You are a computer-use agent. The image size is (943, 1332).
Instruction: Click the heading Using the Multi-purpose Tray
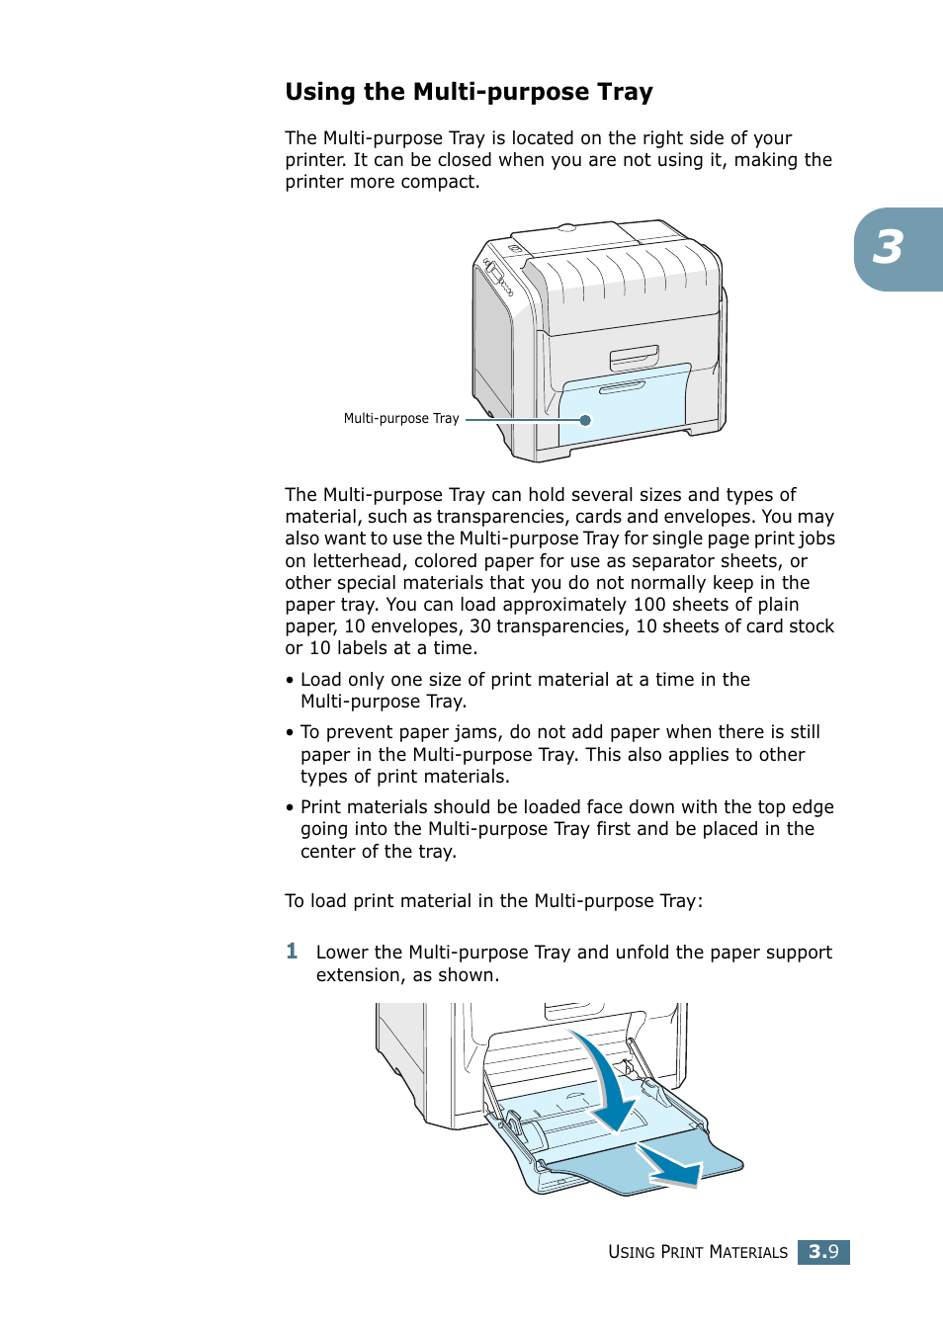(x=469, y=92)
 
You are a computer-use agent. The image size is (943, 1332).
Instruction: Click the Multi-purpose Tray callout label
(x=400, y=419)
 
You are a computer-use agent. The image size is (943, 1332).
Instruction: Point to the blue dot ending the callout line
(x=585, y=420)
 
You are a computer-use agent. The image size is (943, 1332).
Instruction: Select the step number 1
(x=292, y=952)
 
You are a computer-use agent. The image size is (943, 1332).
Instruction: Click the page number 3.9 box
(x=823, y=1252)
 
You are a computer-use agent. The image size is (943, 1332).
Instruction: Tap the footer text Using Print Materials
(x=697, y=1252)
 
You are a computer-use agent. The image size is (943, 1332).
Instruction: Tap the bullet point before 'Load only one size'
(x=290, y=681)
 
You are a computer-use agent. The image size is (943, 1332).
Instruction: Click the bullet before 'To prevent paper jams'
(x=290, y=733)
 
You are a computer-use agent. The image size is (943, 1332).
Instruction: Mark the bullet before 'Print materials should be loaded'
(x=290, y=808)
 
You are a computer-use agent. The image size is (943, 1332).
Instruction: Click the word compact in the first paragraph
(x=444, y=182)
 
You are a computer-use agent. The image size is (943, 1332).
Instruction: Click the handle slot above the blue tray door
(x=634, y=357)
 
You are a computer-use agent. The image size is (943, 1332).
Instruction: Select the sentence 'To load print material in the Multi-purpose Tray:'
(x=493, y=901)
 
